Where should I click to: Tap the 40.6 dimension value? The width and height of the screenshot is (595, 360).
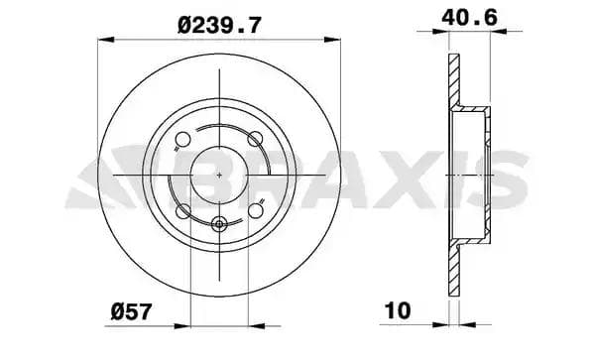468,17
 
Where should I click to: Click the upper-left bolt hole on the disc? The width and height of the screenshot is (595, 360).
182,138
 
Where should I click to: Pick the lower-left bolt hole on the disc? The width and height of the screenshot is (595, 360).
182,210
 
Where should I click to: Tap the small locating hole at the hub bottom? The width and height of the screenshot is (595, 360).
219,222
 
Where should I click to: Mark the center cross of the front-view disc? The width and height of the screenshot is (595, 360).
219,175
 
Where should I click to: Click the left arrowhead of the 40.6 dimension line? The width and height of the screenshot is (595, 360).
449,32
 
